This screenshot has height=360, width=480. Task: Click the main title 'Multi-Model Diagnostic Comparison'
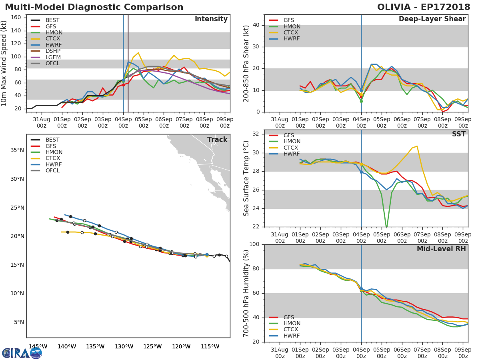click(94, 7)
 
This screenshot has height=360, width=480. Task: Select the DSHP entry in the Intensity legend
click(53, 51)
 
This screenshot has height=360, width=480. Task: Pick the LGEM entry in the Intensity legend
click(53, 57)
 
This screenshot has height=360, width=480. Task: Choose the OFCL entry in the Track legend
click(52, 170)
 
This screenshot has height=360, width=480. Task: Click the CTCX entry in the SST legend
click(292, 148)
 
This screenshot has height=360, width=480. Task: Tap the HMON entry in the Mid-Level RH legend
click(292, 323)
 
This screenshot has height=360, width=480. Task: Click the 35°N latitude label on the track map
click(17, 150)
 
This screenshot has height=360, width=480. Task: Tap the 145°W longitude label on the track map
click(38, 346)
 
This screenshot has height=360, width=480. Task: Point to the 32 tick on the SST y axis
click(256, 134)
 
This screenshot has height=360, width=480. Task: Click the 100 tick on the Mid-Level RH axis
click(254, 244)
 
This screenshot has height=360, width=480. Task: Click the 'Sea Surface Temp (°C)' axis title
click(247, 178)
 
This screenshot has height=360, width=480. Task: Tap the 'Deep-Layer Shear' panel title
click(432, 19)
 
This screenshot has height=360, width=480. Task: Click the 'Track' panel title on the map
click(217, 140)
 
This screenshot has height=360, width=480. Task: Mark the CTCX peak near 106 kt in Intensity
click(138, 53)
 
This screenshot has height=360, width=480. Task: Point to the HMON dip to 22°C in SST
click(386, 227)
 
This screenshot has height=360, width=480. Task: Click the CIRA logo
click(22, 353)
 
